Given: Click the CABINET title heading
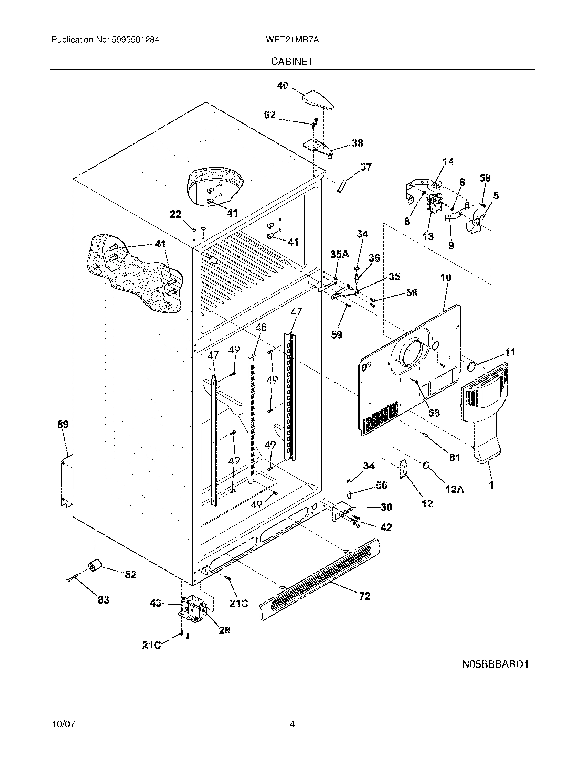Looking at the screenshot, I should click(x=292, y=61).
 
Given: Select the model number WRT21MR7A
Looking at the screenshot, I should click(x=292, y=40).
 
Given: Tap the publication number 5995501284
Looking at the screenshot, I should click(x=135, y=40).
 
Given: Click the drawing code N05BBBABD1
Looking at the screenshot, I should click(x=495, y=664).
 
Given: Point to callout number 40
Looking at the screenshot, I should click(x=283, y=85).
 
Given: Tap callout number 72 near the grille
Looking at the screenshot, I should click(x=364, y=596).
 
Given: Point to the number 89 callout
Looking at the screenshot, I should click(x=63, y=424).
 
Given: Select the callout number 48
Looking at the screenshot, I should click(x=261, y=327).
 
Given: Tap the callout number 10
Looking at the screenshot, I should click(x=446, y=277).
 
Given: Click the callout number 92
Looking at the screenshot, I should click(x=270, y=115).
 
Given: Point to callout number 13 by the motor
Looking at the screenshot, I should click(x=428, y=236).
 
